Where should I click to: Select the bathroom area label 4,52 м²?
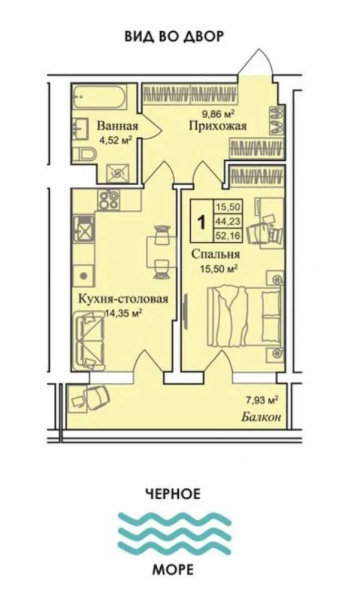click(x=116, y=140)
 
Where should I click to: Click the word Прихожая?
click(x=218, y=126)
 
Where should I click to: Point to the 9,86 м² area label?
click(x=218, y=113)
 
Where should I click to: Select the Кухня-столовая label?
click(x=123, y=299)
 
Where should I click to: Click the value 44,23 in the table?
click(x=227, y=221)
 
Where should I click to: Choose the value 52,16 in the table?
click(x=227, y=236)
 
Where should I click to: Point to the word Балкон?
click(x=261, y=417)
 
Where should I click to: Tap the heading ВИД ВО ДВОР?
click(x=174, y=37)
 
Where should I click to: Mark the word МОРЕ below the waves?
click(x=173, y=570)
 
